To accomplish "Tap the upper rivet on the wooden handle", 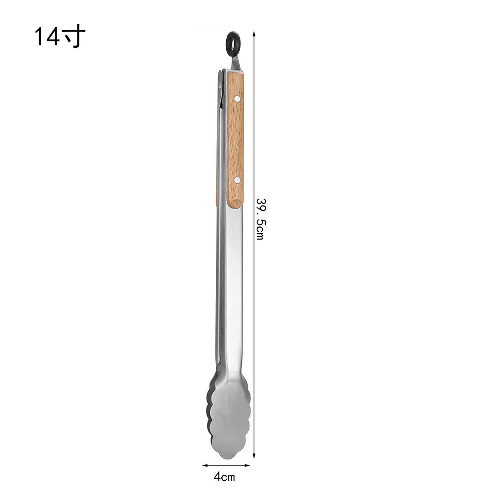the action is pyautogui.click(x=238, y=99).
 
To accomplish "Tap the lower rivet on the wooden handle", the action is pyautogui.click(x=238, y=180).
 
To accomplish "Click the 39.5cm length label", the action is pyautogui.click(x=260, y=219).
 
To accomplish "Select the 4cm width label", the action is pyautogui.click(x=224, y=477).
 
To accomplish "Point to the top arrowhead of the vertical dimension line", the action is pyautogui.click(x=254, y=34).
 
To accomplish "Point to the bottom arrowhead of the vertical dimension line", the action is pyautogui.click(x=254, y=456).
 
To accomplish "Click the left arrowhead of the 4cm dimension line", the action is pyautogui.click(x=205, y=465).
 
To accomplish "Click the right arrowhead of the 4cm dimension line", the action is pyautogui.click(x=247, y=465).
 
